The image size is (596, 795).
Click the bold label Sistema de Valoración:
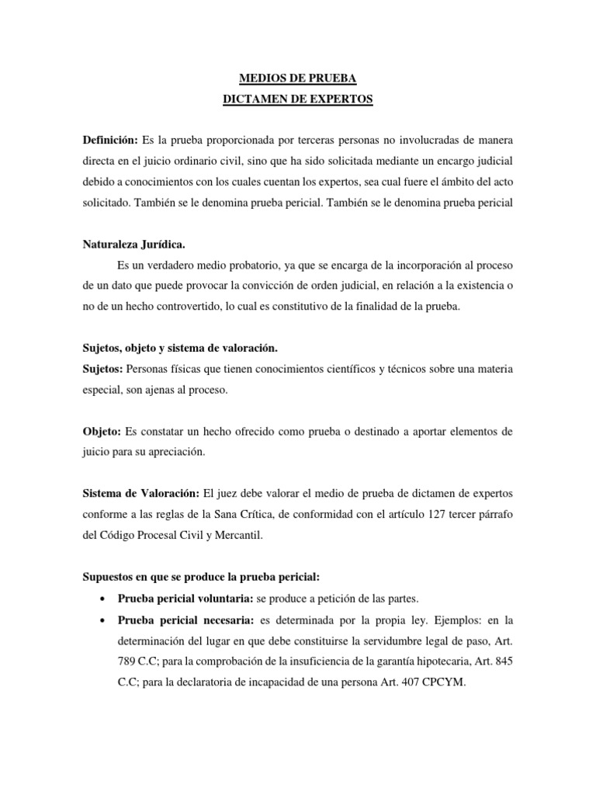[x=140, y=493]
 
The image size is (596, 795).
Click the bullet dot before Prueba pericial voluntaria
[x=104, y=599]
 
